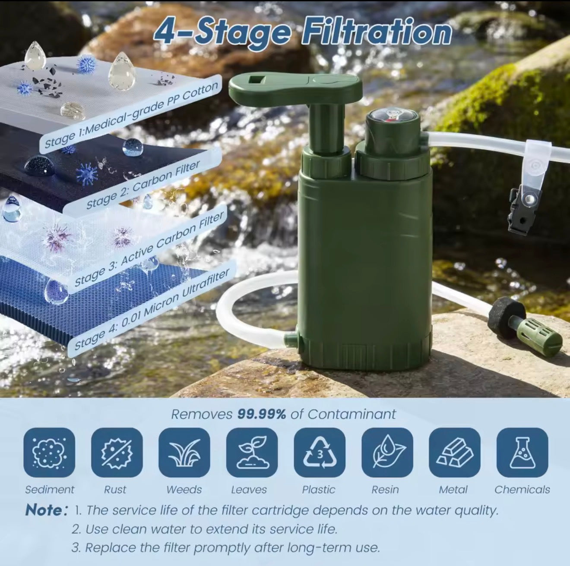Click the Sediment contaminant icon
click(x=49, y=453)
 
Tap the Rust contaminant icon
click(x=117, y=453)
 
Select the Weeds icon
click(x=184, y=453)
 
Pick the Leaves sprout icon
click(x=252, y=453)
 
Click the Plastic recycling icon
click(x=320, y=453)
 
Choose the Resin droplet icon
click(x=387, y=453)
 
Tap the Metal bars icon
click(x=454, y=453)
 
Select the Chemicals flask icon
click(x=522, y=453)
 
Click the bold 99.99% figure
click(x=262, y=414)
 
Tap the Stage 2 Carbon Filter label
click(x=142, y=185)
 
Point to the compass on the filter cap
click(x=391, y=118)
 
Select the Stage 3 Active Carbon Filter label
click(x=149, y=249)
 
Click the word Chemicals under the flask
click(x=522, y=490)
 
